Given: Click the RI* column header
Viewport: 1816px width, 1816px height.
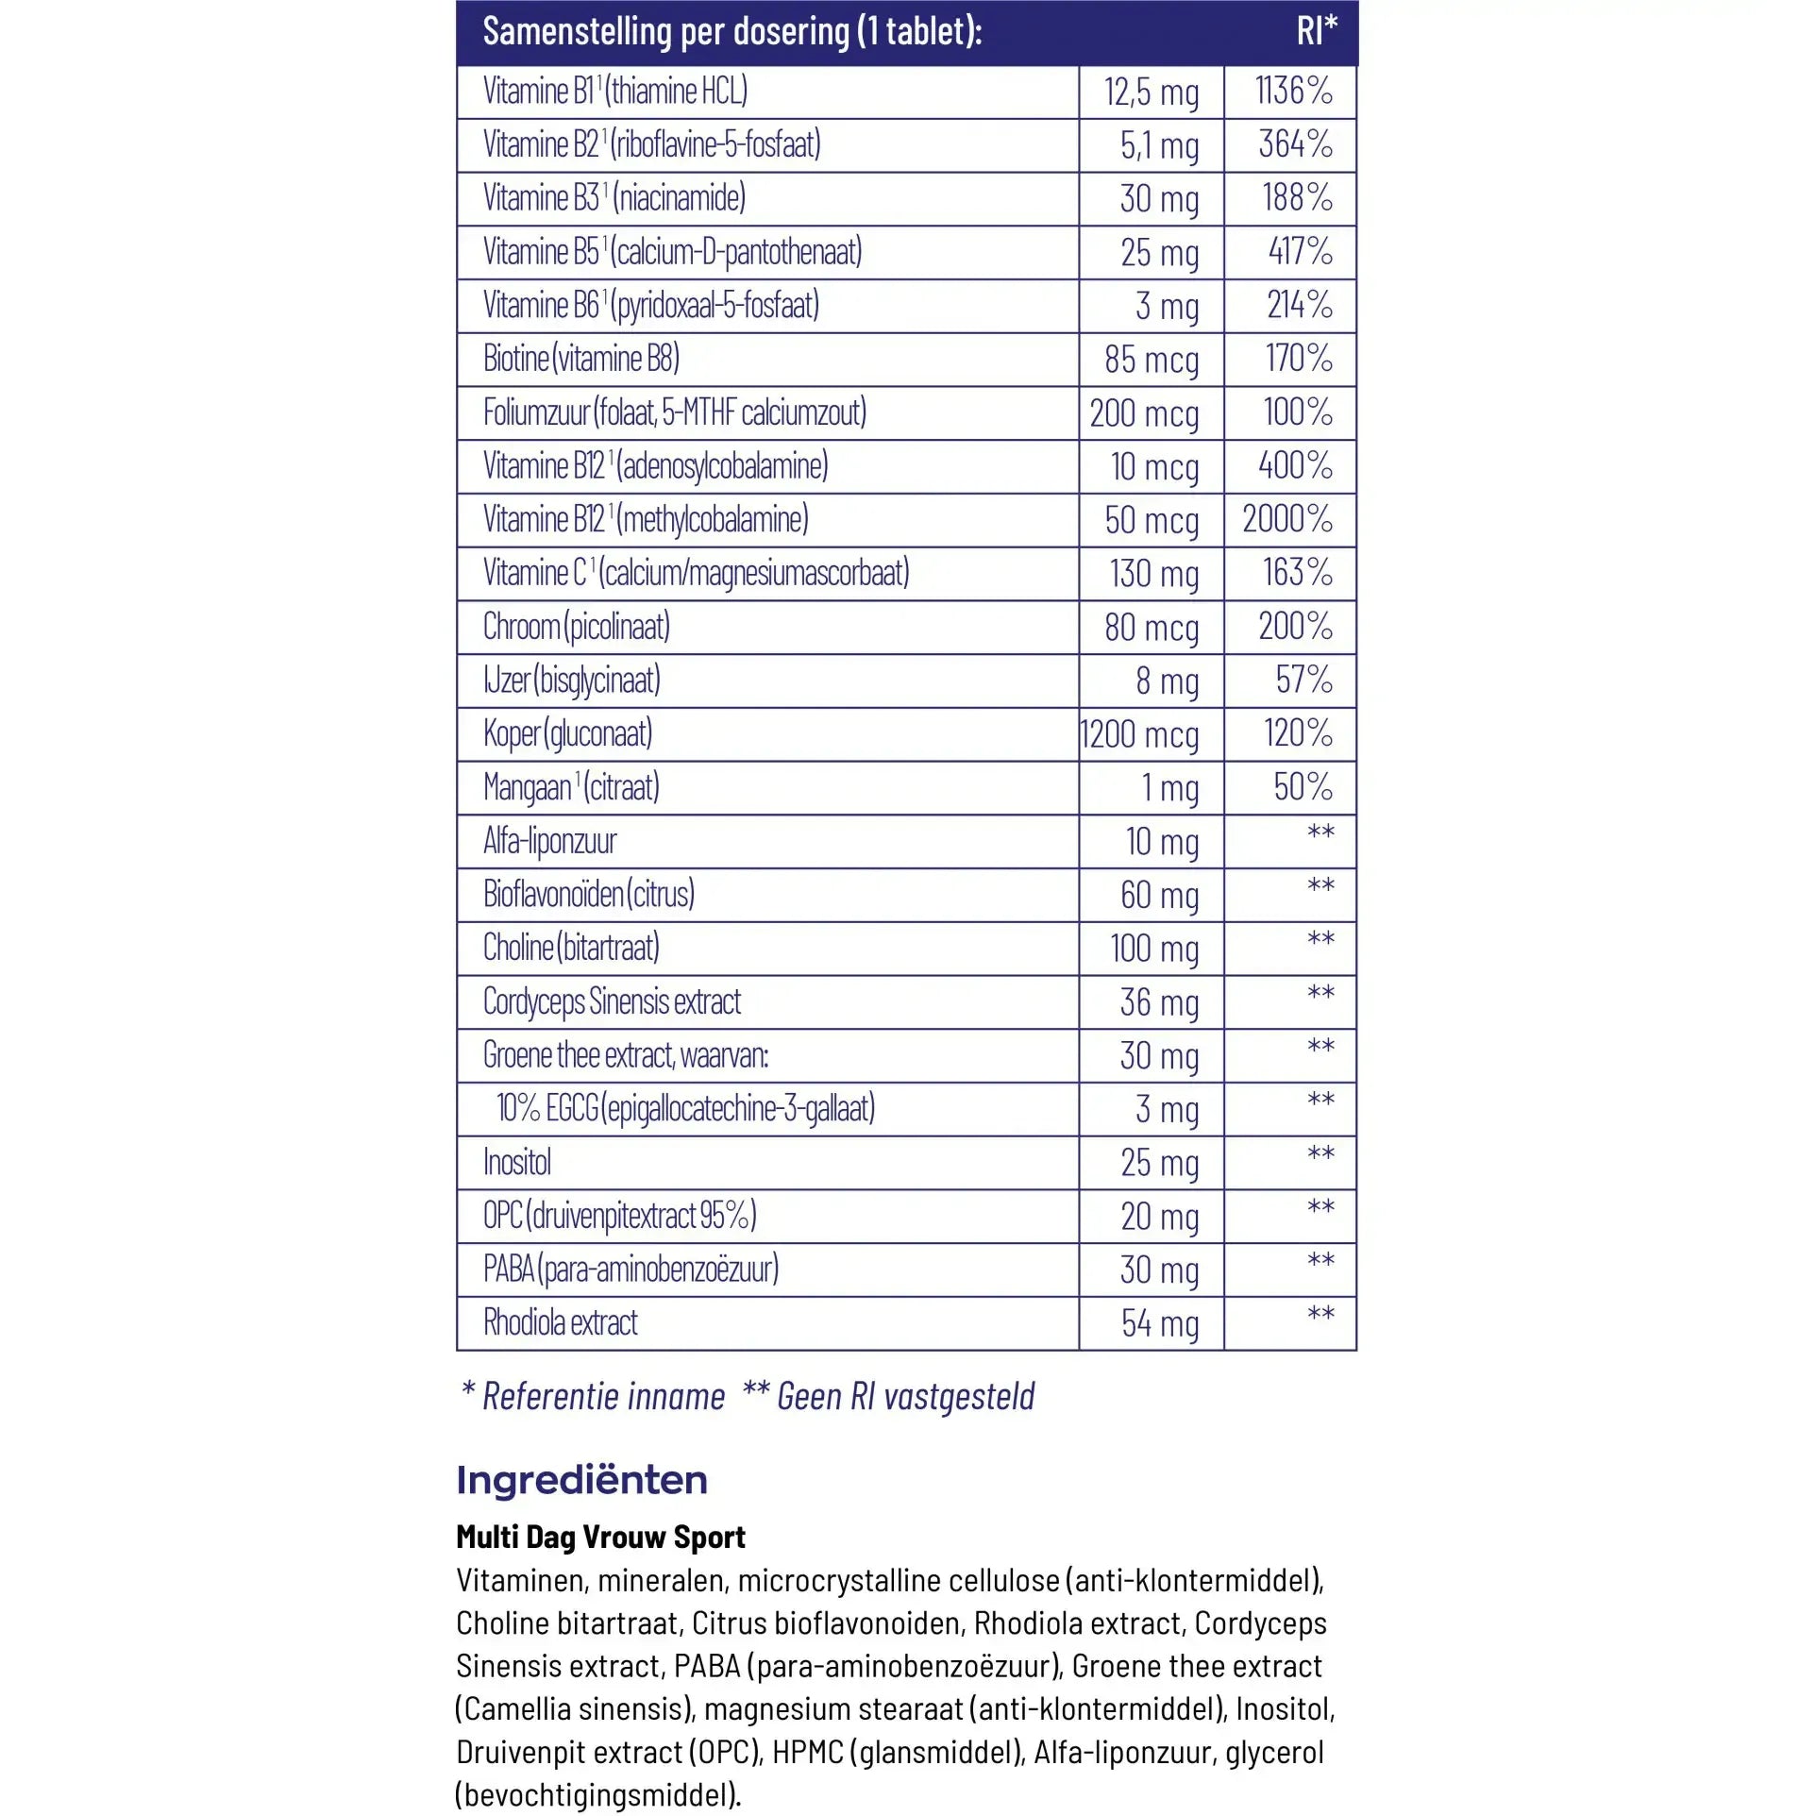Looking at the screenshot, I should coord(1316,31).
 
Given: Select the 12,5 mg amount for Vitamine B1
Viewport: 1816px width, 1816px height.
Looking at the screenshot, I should coord(1152,92).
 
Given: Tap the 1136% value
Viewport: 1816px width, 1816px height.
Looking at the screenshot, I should coord(1293,92).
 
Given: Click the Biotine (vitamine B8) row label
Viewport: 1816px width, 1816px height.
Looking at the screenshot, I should coord(581,359).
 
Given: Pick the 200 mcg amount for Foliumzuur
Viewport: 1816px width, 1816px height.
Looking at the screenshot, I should coord(1144,413).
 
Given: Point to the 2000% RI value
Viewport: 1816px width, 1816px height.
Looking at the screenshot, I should coord(1287,519).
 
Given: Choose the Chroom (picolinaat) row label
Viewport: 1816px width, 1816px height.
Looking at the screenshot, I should coord(577,627).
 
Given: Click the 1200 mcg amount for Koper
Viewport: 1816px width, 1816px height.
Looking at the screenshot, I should coord(1139,734).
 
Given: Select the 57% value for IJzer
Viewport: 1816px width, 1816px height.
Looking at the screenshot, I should coord(1303,680).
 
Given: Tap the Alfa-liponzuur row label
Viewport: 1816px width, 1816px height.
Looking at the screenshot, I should coord(550,841).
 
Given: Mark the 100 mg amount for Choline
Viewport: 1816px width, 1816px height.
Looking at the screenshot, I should coord(1154,949).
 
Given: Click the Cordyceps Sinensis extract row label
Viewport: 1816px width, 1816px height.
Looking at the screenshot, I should coord(612,1001).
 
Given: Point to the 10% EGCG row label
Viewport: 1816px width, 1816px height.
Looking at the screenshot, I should coord(686,1109).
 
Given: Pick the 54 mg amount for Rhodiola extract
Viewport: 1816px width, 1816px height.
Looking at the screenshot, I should coord(1160,1323).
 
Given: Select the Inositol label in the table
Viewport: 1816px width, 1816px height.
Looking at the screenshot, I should coord(517,1162).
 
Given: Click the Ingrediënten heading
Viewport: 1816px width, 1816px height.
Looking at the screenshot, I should coord(581,1480).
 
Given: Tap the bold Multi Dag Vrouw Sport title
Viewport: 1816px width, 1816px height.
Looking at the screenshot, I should coord(600,1537).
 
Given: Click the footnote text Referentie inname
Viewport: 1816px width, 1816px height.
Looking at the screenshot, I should coord(603,1396).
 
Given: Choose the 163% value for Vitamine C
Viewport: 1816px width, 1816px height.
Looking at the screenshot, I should coord(1298,573).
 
